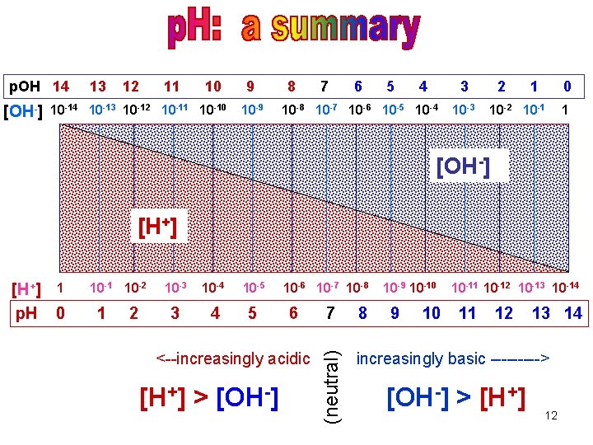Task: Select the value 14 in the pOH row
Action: coord(60,86)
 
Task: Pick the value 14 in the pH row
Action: coord(573,313)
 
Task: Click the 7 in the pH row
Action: coord(330,313)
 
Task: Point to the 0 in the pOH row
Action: coord(567,86)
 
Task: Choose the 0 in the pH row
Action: coord(60,313)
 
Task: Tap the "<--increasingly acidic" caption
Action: coord(233,358)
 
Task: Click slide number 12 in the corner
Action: coord(551,415)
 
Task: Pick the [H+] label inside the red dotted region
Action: coord(159,225)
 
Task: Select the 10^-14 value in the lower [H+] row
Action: coord(563,288)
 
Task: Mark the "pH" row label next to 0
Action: coord(27,313)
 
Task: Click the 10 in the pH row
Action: coord(431,313)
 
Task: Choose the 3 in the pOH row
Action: coord(465,86)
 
